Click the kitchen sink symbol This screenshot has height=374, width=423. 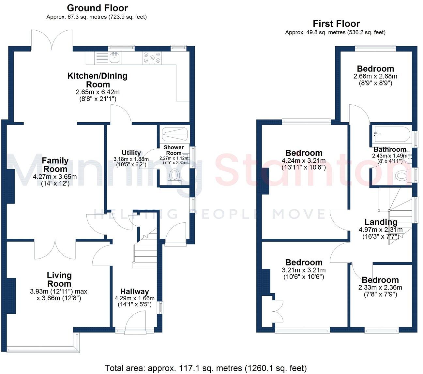[x=114, y=58]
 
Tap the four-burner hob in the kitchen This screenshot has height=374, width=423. [x=152, y=58]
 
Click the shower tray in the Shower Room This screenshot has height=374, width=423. [x=175, y=134]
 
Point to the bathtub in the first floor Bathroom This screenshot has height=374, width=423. [x=391, y=134]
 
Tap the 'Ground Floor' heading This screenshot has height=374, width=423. [x=97, y=8]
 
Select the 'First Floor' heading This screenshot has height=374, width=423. [x=336, y=23]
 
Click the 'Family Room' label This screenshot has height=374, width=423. [x=55, y=165]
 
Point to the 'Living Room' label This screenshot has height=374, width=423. [x=59, y=279]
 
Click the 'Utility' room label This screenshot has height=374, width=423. [x=131, y=153]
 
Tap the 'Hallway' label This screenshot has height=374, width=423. [x=134, y=292]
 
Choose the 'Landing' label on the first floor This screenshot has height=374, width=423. [x=381, y=222]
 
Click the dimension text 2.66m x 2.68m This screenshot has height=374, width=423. [x=375, y=76]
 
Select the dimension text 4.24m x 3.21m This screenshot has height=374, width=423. [x=304, y=160]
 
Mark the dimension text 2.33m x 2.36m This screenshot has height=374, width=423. [x=380, y=288]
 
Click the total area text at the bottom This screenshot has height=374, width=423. [x=205, y=368]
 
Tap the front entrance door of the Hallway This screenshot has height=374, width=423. [x=135, y=323]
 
